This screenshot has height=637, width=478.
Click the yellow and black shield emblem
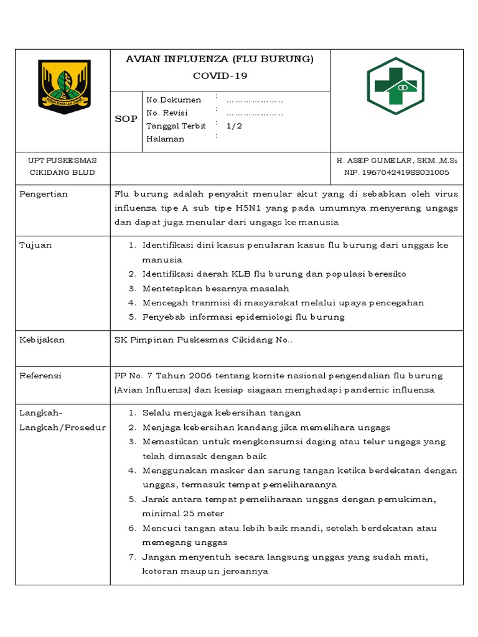click(64, 86)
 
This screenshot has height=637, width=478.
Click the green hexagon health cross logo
click(395, 85)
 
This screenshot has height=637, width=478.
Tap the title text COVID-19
click(220, 76)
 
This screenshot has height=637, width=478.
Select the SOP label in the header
click(126, 119)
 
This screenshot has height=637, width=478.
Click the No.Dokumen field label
click(174, 100)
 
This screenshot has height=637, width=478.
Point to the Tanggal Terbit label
click(176, 126)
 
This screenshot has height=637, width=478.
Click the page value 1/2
click(234, 126)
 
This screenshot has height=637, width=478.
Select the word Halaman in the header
click(165, 139)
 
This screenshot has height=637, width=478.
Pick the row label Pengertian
click(44, 194)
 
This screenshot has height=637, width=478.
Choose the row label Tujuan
click(35, 245)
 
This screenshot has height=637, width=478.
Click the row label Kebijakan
click(42, 340)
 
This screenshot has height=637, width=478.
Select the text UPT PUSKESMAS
click(62, 160)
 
